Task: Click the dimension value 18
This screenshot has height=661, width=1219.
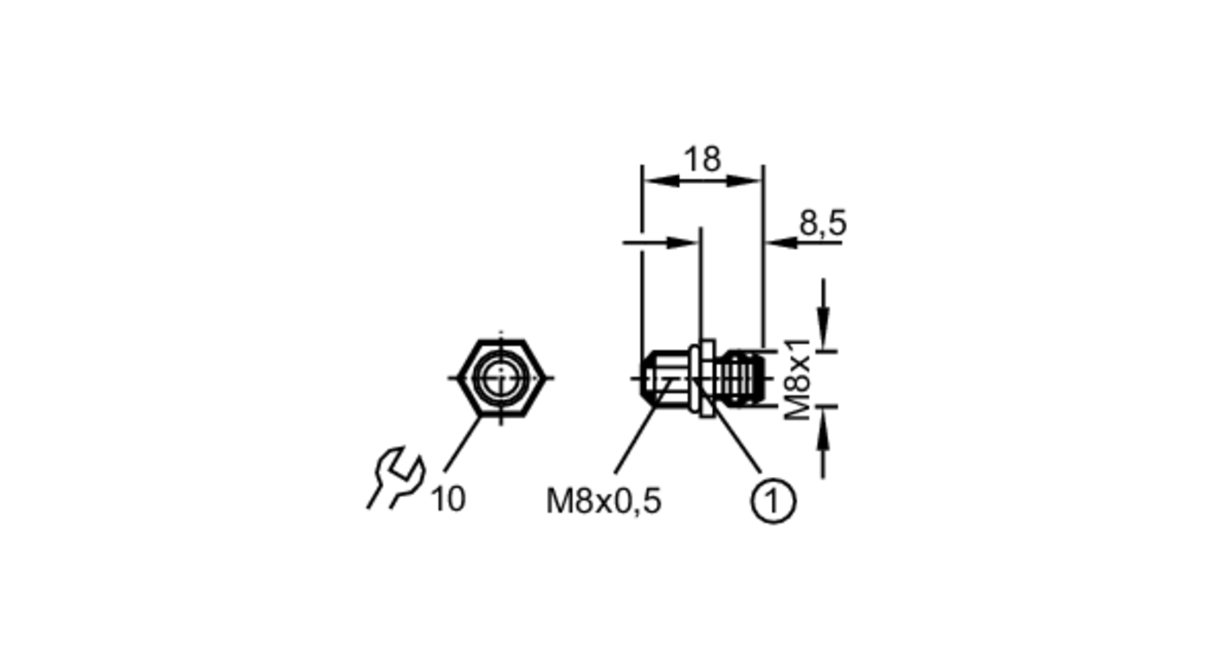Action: tap(702, 159)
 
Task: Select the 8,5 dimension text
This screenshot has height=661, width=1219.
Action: tap(823, 223)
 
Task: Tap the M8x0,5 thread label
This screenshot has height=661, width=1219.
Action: tap(603, 502)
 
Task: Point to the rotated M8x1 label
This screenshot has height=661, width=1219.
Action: tap(798, 379)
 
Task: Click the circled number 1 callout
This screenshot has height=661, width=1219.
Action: tap(773, 501)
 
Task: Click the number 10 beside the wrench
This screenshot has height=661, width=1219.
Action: tap(448, 499)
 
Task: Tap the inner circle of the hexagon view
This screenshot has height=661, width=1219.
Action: tap(500, 378)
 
